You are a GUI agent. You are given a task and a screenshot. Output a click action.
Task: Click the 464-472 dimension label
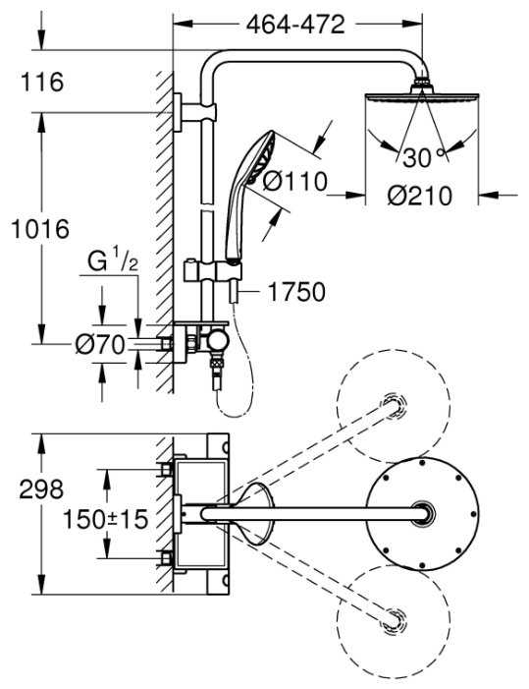coord(295,25)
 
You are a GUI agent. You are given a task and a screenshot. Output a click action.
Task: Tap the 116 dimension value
coord(42,82)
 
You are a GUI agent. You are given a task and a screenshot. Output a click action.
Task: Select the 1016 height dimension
coord(40,229)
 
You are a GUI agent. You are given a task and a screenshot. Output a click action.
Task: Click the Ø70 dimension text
coord(100,344)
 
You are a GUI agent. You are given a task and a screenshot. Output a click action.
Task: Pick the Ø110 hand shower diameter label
coord(295,181)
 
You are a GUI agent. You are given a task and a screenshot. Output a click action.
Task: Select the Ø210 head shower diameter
coord(419,196)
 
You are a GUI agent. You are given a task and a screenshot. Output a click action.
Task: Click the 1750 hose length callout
coord(296,292)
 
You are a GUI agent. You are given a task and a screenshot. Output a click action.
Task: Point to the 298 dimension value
coord(41,488)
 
